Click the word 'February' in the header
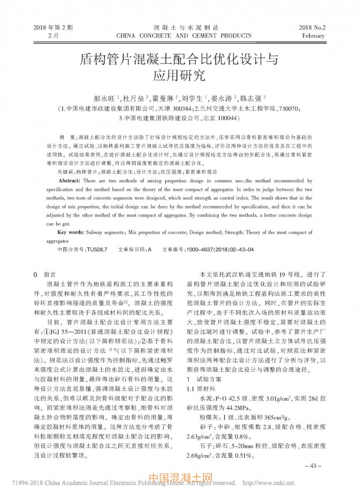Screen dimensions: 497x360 pos(314,36)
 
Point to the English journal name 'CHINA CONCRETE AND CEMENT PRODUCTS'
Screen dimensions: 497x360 pos(184,36)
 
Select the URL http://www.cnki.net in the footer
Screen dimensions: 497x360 pos(269,483)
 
